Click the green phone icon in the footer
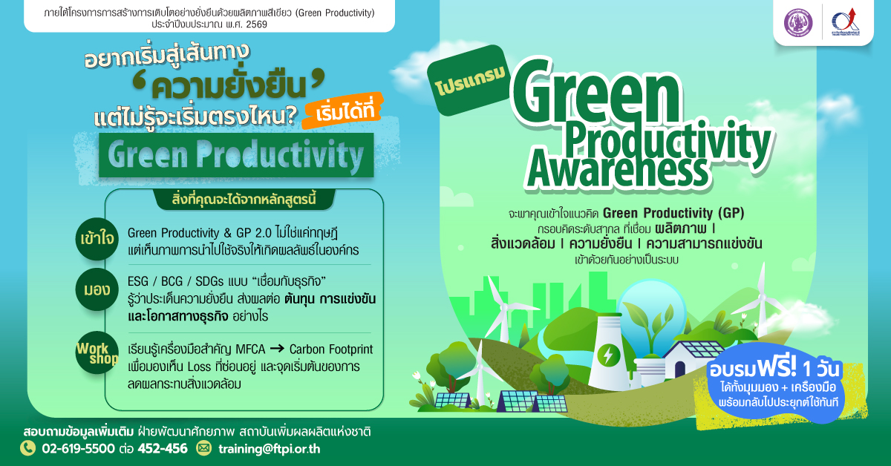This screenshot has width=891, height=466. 28,448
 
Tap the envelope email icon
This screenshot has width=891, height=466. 203,448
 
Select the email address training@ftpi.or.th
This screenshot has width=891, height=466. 270,449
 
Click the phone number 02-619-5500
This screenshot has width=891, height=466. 79,448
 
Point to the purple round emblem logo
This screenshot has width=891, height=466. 798,22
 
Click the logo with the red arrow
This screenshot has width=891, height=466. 846,22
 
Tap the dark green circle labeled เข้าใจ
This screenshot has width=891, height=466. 97,239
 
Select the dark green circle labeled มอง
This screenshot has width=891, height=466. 97,289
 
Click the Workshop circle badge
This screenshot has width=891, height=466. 97,352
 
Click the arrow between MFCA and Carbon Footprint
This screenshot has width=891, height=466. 277,349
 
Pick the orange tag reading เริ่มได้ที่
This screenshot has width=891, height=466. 343,111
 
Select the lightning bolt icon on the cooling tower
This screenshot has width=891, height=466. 608,355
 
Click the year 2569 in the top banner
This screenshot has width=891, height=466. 257,24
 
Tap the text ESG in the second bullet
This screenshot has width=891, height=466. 137,281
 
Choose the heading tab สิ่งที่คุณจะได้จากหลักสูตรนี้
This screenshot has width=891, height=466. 244,199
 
